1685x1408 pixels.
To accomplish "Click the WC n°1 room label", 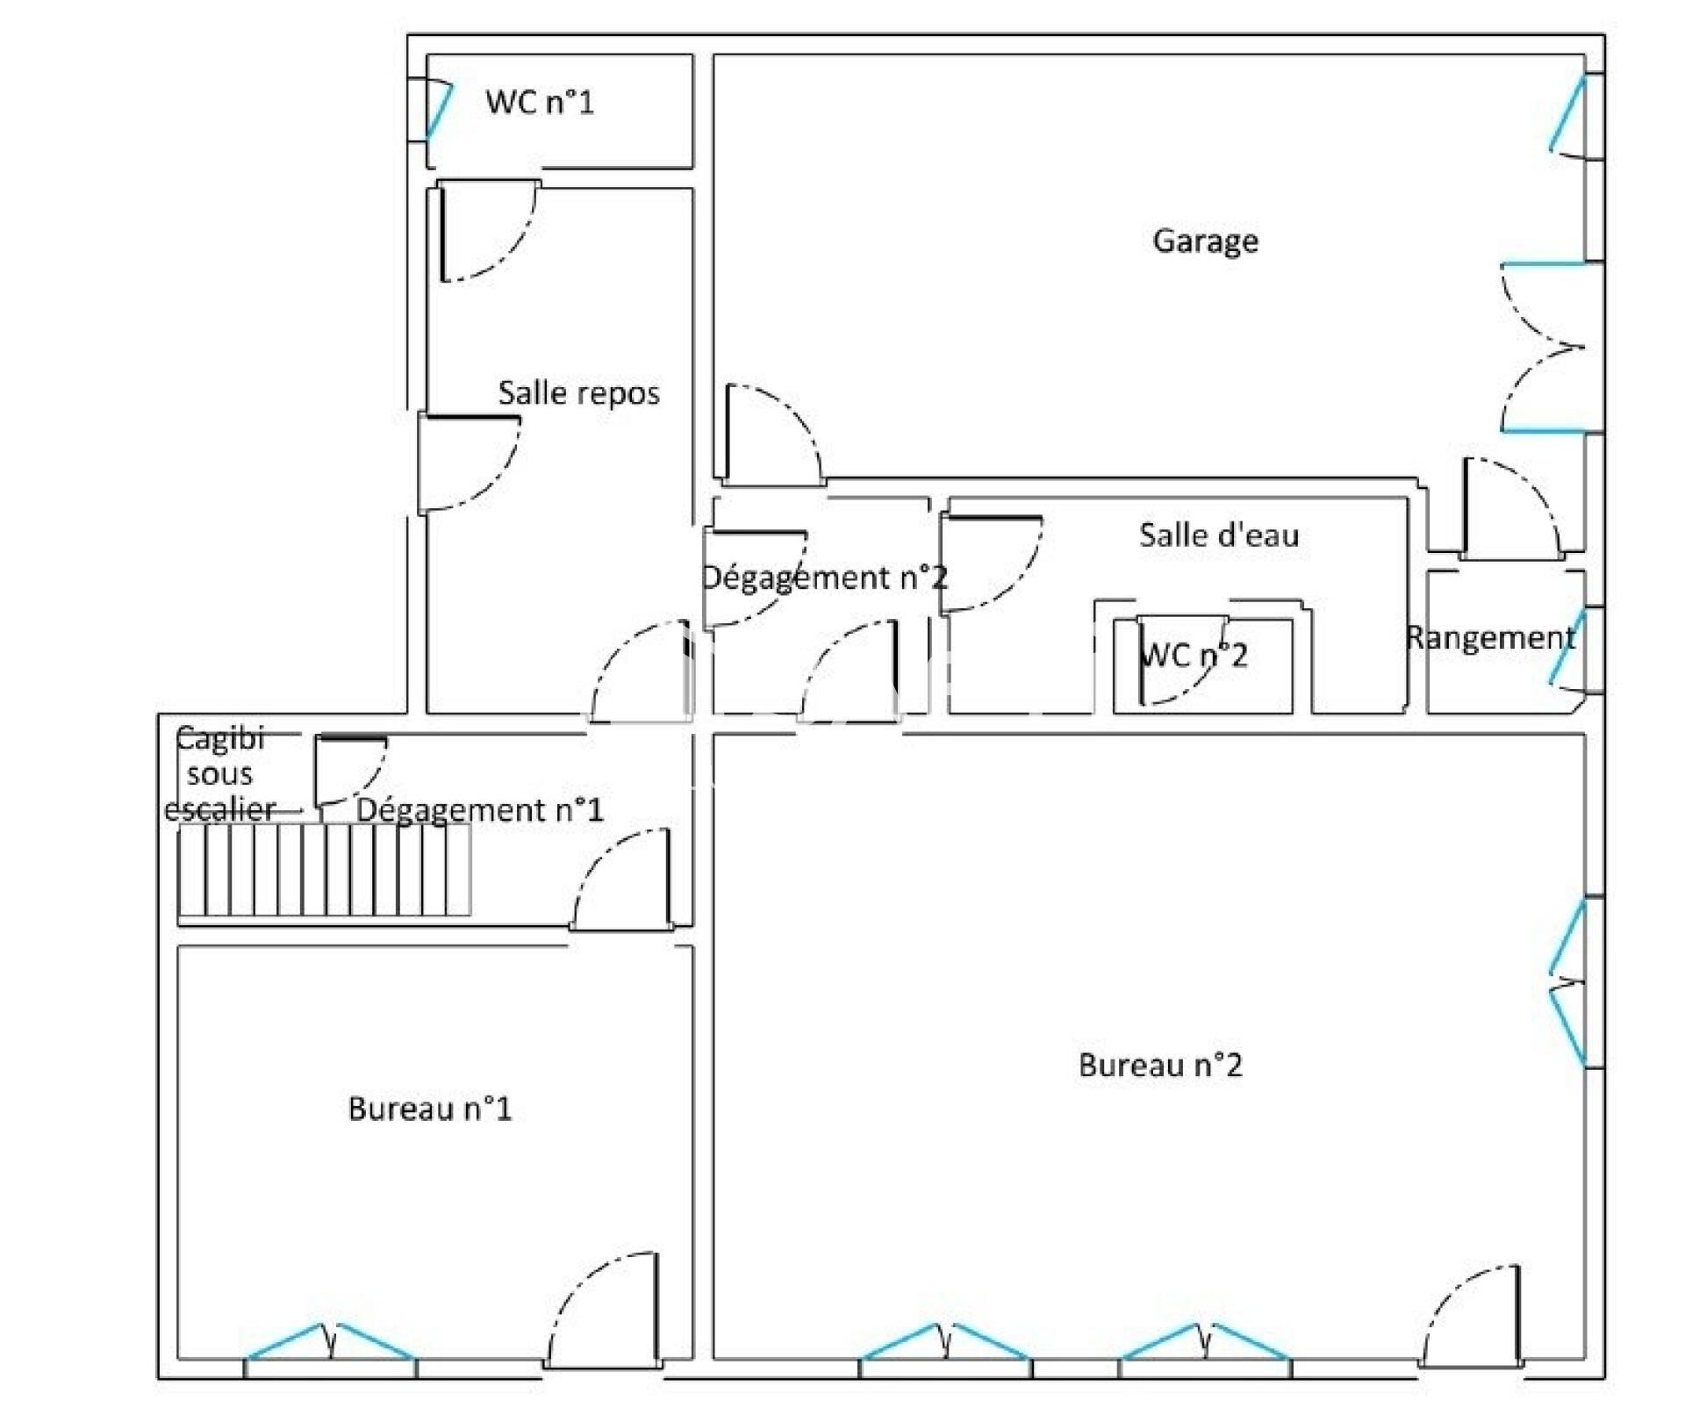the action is [540, 102].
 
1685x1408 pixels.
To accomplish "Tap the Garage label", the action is [1205, 241].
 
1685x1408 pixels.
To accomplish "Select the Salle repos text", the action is [578, 392].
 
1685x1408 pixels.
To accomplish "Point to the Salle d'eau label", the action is [1218, 535].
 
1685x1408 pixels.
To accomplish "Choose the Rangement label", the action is [1490, 638].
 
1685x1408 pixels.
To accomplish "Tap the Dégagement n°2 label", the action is [824, 578].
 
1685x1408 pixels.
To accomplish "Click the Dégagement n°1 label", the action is [480, 809].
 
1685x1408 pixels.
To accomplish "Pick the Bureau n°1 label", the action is [429, 1109].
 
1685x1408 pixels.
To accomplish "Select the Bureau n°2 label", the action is [1160, 1065].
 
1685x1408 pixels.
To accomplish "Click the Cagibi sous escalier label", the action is [219, 773].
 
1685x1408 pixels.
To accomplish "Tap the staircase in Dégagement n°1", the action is [325, 870].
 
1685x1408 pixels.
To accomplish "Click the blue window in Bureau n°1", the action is [330, 1342].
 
